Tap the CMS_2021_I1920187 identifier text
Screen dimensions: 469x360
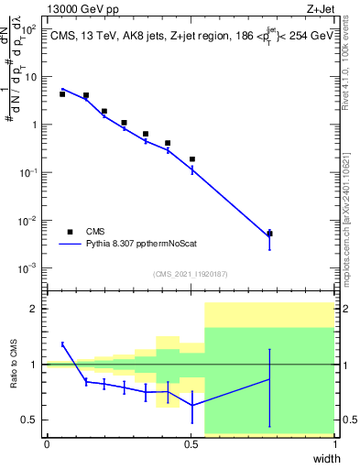pyautogui.click(x=190, y=274)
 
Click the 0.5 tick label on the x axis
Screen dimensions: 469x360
pyautogui.click(x=191, y=444)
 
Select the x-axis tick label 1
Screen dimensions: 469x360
pyautogui.click(x=334, y=444)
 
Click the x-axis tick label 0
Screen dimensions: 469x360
pyautogui.click(x=47, y=444)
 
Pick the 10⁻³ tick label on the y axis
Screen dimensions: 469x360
pyautogui.click(x=29, y=267)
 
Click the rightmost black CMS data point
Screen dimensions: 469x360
pyautogui.click(x=269, y=234)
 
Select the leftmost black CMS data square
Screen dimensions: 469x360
pyautogui.click(x=62, y=93)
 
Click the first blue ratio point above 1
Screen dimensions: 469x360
pyautogui.click(x=62, y=344)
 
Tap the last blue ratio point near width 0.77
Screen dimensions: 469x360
pyautogui.click(x=269, y=378)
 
